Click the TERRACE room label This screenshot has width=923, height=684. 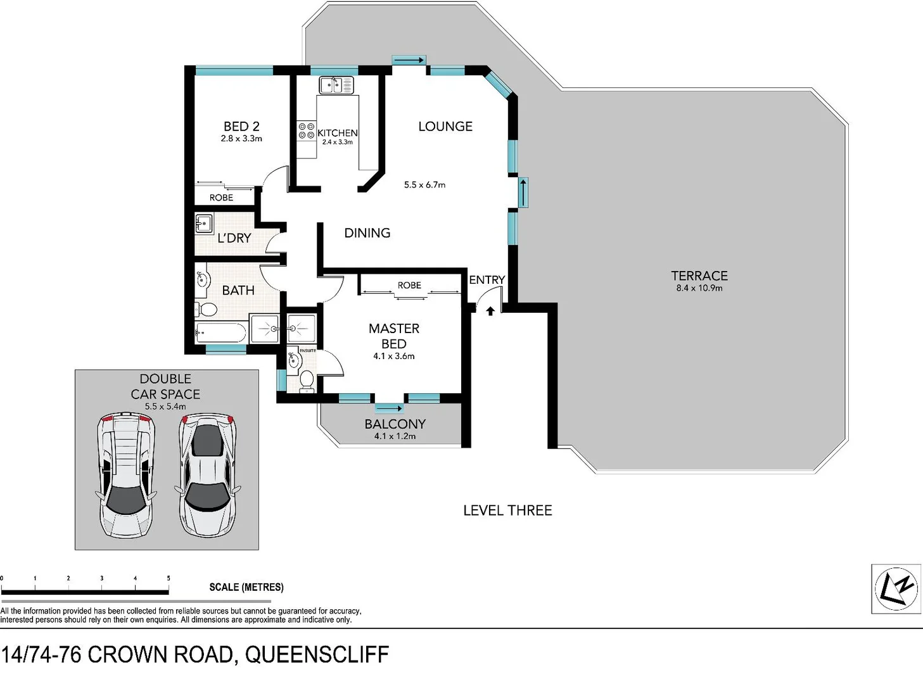(x=699, y=276)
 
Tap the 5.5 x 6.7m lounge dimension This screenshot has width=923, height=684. (x=424, y=185)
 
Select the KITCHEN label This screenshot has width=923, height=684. (x=337, y=133)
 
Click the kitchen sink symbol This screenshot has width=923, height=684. (x=336, y=85)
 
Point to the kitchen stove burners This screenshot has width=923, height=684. (x=307, y=131)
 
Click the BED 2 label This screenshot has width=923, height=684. (x=241, y=127)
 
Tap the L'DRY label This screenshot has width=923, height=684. (x=234, y=238)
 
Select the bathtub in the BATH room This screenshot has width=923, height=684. (x=220, y=332)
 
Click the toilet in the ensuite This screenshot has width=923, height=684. (x=307, y=379)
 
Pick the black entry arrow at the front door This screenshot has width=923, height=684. (x=490, y=311)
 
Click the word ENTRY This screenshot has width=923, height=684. (x=487, y=280)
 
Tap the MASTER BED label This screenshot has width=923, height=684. (x=394, y=336)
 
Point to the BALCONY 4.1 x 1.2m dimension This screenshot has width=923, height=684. (x=395, y=436)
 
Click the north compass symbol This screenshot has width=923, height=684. (x=896, y=589)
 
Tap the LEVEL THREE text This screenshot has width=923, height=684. (x=507, y=510)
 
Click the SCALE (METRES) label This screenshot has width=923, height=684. (x=246, y=587)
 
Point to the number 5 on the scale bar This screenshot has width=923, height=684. (x=169, y=578)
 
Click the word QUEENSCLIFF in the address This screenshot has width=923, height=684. (x=317, y=655)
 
